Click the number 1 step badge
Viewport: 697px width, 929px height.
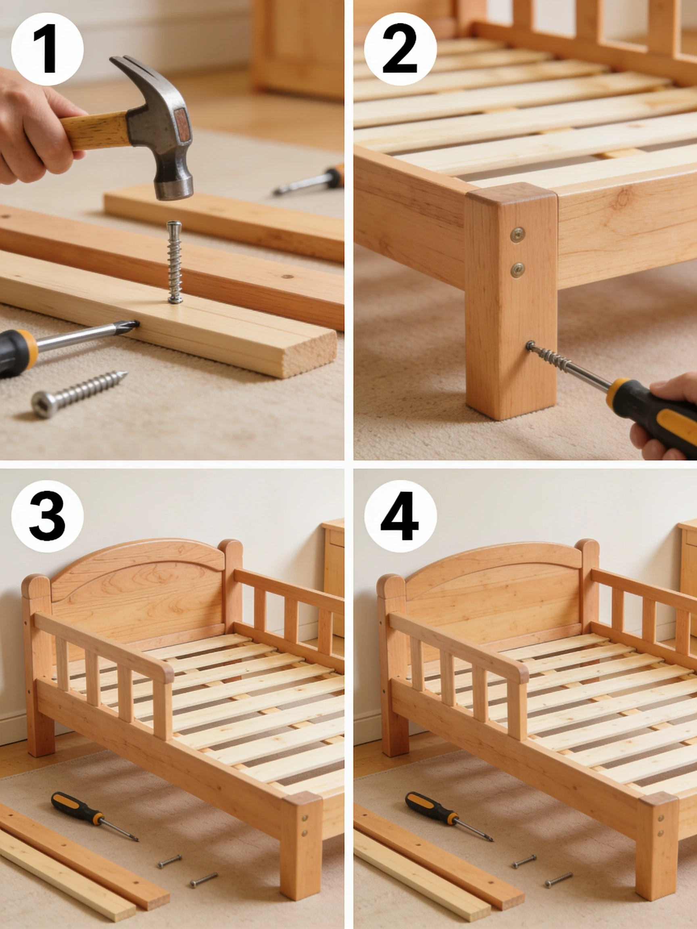[48, 49]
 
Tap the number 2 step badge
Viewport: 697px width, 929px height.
[401, 49]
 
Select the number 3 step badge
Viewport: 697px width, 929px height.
[48, 516]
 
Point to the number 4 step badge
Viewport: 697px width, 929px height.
[401, 516]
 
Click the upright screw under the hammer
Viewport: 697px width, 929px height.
[174, 262]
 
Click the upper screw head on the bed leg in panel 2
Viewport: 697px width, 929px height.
[517, 235]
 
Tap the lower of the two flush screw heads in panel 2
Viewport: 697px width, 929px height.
[517, 270]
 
